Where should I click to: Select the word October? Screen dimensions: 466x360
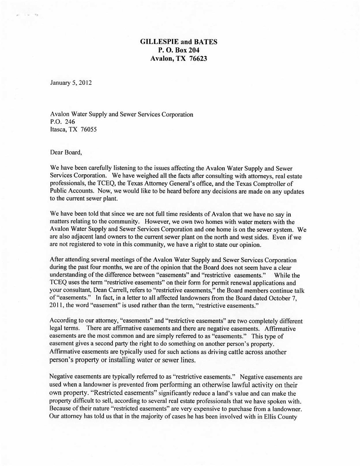[279, 298]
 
